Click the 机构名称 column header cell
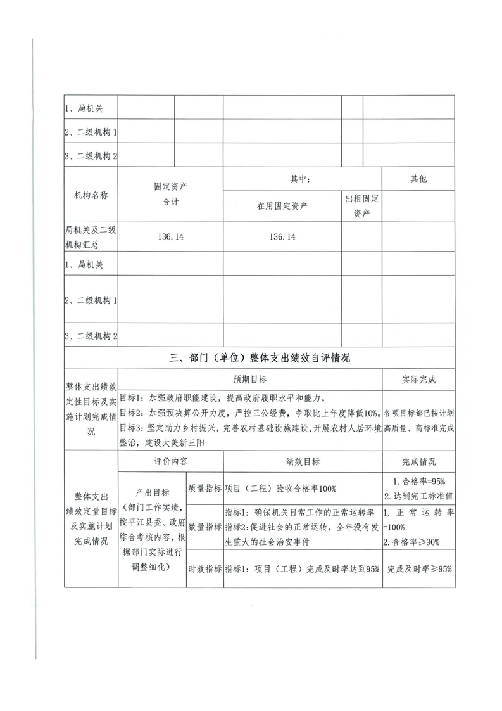pyautogui.click(x=91, y=195)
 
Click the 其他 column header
pyautogui.click(x=418, y=179)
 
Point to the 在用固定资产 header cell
pyautogui.click(x=282, y=207)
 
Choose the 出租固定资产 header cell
pyautogui.click(x=361, y=207)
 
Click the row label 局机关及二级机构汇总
pyautogui.click(x=91, y=237)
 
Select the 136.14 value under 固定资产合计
pyautogui.click(x=170, y=237)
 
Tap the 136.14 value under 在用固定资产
pyautogui.click(x=282, y=237)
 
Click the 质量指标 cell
pyautogui.click(x=204, y=488)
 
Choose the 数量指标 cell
pyautogui.click(x=204, y=527)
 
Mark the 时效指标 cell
pyautogui.click(x=204, y=568)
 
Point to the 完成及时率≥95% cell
pyautogui.click(x=418, y=568)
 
